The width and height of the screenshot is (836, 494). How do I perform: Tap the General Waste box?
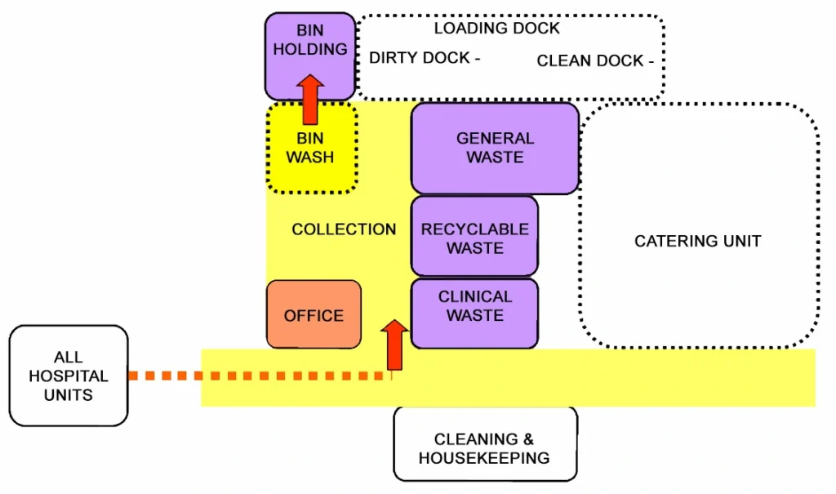point(495,148)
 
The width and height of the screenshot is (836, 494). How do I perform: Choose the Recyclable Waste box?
point(474,238)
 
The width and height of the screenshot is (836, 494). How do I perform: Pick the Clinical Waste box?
point(474,306)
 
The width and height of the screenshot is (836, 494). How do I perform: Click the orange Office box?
point(313,315)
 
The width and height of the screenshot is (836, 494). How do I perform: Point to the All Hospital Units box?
point(69,376)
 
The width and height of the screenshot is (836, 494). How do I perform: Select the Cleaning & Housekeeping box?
point(485,448)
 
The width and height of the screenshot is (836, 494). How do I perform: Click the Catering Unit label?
point(697,241)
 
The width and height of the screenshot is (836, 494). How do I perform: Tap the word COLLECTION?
point(344,229)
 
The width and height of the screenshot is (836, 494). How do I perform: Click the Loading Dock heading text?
point(496,29)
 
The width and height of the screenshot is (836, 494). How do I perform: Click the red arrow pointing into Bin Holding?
point(310,99)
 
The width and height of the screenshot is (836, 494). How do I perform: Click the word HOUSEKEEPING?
point(484,458)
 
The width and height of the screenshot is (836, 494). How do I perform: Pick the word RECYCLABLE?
point(474,229)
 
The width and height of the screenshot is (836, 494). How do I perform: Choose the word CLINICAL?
point(475,296)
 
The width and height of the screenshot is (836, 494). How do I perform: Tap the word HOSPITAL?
point(69,376)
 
